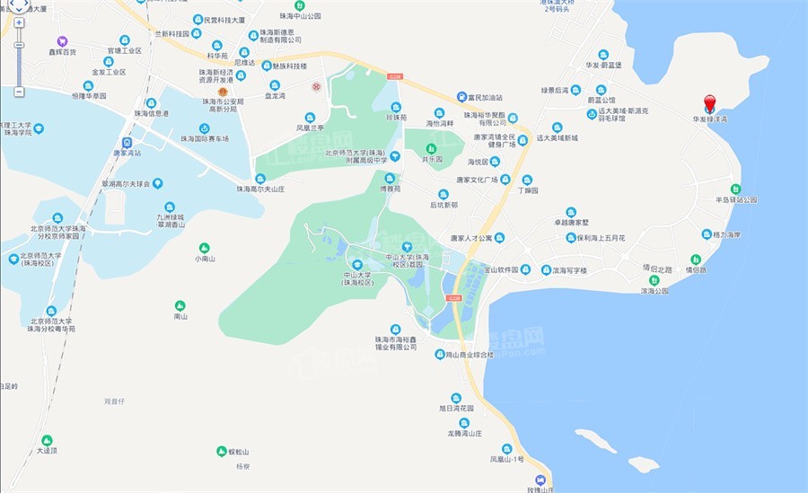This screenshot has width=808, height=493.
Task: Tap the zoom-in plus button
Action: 19,22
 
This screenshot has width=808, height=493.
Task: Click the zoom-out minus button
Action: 19,92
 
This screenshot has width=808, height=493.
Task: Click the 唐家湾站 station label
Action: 127,154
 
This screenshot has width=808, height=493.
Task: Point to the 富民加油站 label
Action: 487,96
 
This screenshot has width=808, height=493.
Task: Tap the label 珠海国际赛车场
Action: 205,139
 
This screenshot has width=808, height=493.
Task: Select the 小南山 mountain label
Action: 205,259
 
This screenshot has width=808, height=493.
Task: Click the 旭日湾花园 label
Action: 455,407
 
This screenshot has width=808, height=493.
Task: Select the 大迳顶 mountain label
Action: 47,451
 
